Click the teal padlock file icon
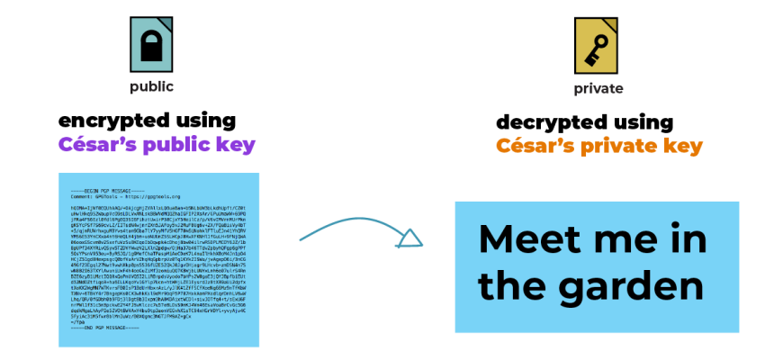click(151, 45)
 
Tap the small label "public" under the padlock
click(151, 87)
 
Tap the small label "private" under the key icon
click(598, 88)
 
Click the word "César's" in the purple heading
click(96, 144)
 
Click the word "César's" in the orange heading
click(533, 146)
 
